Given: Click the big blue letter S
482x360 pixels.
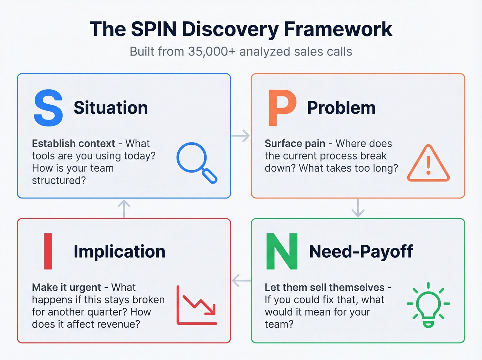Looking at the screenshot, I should pos(48,108).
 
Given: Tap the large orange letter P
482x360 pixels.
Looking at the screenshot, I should pos(282,108).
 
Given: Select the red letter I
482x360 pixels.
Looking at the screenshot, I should pos(48,251).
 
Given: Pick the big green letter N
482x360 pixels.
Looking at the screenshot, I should pos(282,251).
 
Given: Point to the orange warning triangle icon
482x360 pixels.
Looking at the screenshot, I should pos(428,164).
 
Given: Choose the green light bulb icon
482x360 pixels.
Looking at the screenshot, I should pos(428,305).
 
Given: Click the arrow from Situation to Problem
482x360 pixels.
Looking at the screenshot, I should pos(241,136).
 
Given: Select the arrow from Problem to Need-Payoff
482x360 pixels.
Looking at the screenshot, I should pos(358,208).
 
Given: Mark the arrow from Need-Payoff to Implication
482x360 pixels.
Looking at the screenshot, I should pos(241,281).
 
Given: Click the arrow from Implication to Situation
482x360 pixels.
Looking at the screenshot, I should pos(124,208).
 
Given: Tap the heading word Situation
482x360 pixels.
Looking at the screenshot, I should pos(111,108).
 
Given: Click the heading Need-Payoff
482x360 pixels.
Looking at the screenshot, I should pos(361,251).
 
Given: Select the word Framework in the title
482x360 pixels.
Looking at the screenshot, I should pos(338,29).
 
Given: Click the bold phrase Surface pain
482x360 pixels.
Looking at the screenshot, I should pos(295,143).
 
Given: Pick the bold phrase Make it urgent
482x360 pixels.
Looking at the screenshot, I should pos(66,287).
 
